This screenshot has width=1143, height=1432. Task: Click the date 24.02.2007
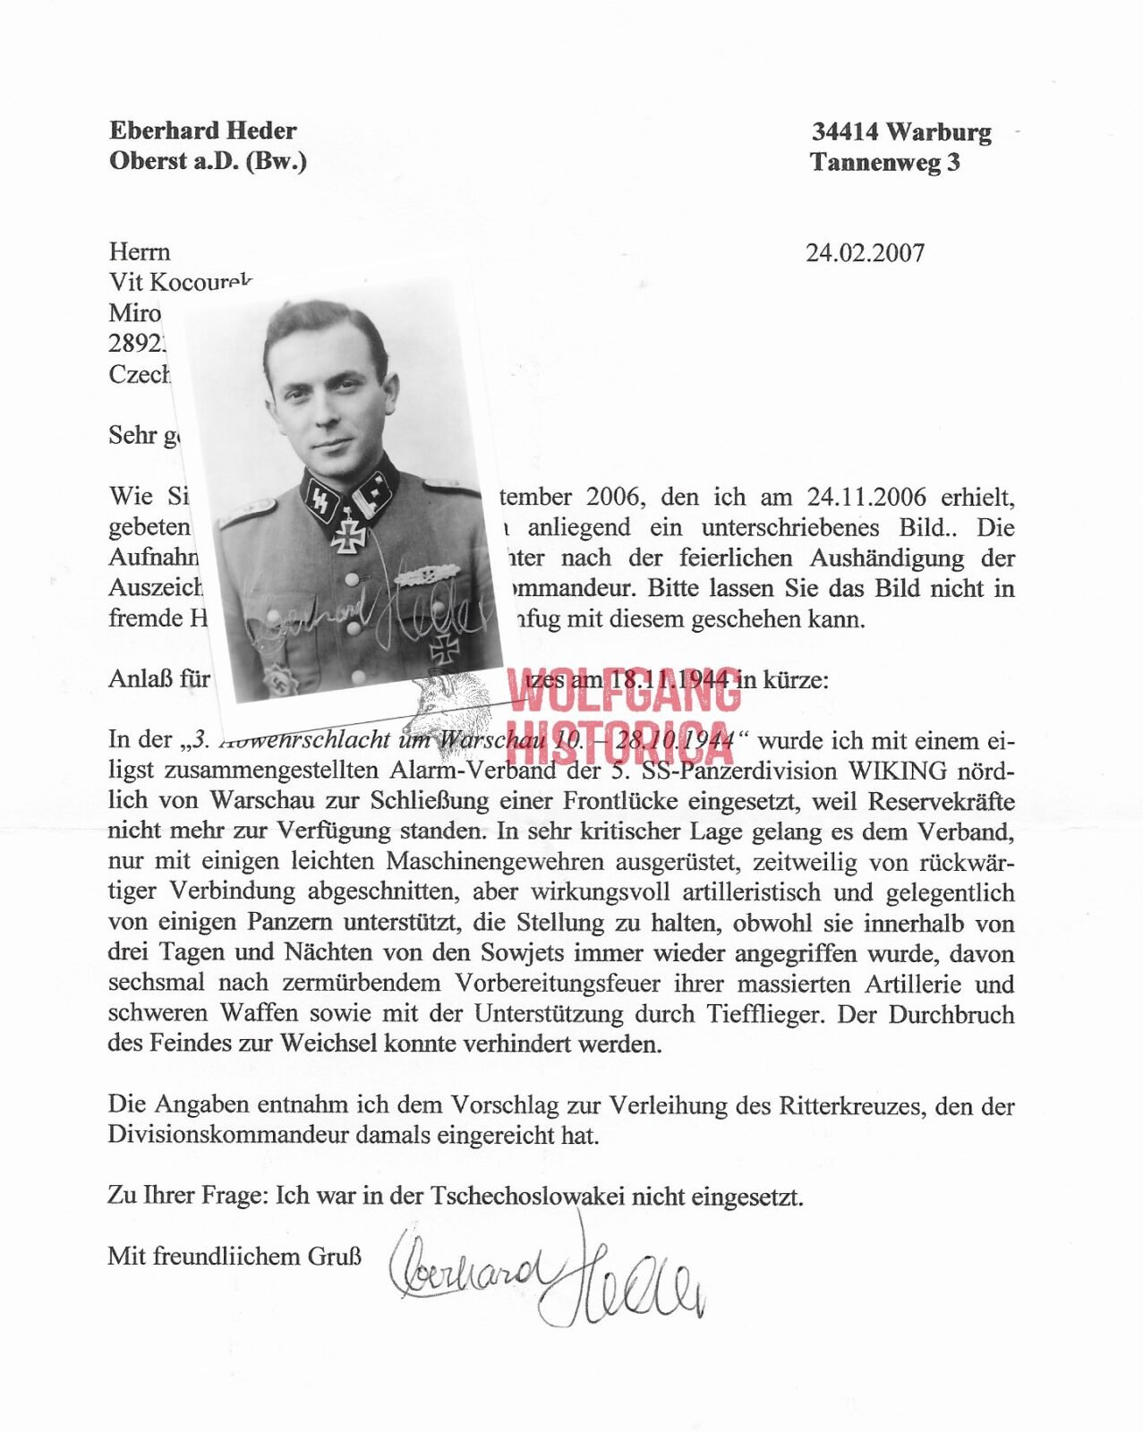pos(865,253)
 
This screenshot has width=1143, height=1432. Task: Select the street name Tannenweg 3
pos(884,163)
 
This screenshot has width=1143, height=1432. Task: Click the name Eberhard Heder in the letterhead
pos(202,131)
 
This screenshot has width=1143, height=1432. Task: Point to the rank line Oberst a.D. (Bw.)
pos(208,161)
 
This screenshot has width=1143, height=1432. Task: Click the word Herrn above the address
pos(139,252)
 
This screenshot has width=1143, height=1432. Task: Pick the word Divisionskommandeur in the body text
pos(228,1135)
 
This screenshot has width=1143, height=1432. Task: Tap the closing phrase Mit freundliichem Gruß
pos(235,1257)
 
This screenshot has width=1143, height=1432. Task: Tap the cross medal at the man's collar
pos(347,530)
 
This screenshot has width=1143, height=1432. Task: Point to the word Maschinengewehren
pos(495,862)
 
